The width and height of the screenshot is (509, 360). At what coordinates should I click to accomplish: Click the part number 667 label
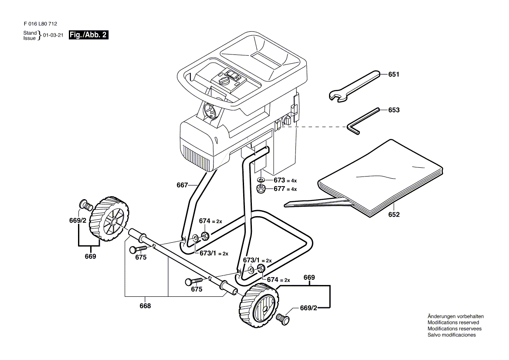182,185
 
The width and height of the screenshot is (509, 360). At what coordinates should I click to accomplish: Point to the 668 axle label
145,306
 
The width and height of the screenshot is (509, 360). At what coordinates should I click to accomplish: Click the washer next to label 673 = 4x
261,180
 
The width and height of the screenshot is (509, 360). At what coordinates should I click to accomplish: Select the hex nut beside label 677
261,189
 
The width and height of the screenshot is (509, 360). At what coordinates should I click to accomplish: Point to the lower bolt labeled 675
194,280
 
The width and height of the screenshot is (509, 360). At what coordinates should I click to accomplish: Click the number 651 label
394,75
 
